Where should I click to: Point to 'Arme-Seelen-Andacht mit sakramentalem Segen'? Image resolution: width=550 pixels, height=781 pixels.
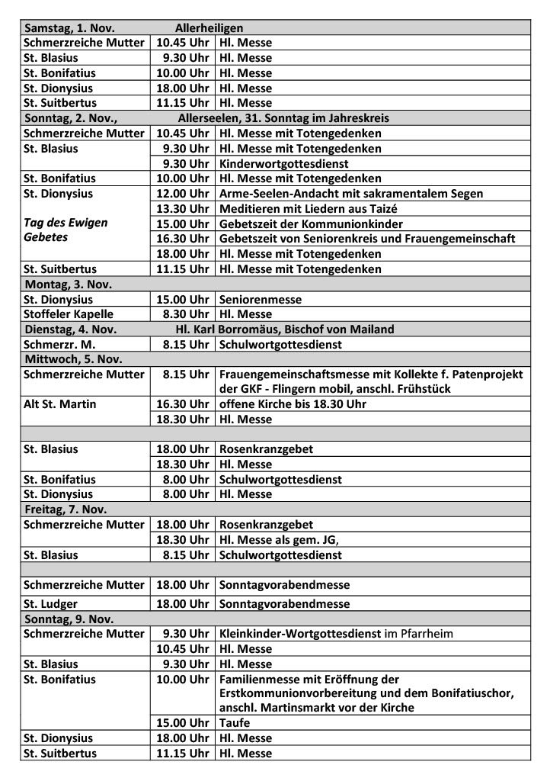point(350,194)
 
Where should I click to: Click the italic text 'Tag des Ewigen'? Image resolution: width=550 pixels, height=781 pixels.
point(66,223)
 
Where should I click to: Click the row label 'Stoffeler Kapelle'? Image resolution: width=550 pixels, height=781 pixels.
point(69,314)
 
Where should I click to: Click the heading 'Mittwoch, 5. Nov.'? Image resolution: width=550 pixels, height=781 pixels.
point(73,359)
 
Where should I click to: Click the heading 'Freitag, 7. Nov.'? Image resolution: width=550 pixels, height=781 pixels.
point(66,509)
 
